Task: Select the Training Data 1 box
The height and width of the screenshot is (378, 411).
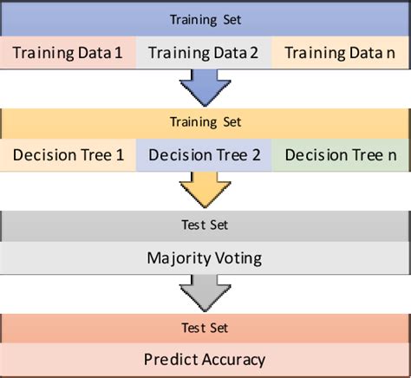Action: point(68,53)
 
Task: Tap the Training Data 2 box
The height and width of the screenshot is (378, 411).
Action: point(205,53)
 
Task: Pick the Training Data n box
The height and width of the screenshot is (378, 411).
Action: point(341,53)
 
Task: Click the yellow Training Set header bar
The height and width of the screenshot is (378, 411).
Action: point(205,123)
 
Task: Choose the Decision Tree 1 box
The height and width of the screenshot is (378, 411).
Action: point(68,155)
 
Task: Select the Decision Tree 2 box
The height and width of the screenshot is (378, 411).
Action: point(205,155)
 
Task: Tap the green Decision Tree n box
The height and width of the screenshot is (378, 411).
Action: point(341,155)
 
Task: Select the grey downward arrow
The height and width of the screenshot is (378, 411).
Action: point(205,293)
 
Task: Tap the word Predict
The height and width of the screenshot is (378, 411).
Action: point(172,359)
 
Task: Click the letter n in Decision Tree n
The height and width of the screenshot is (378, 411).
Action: point(391,156)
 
